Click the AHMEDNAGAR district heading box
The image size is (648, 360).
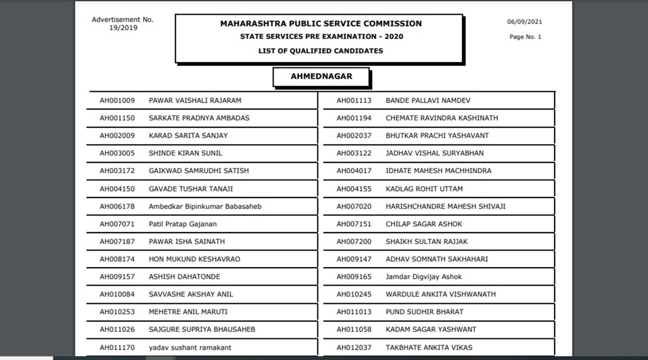321,77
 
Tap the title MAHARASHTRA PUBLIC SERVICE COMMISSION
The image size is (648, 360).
321,24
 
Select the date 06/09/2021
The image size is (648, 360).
524,22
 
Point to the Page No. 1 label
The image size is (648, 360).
525,37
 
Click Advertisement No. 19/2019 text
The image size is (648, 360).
123,24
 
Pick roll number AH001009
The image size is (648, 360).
117,100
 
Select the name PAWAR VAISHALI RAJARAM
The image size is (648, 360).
195,100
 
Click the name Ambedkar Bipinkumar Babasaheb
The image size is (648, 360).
205,206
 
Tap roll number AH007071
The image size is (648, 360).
117,224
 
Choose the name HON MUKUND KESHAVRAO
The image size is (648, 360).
194,259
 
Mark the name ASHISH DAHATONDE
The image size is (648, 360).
184,277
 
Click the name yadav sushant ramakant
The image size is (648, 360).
190,348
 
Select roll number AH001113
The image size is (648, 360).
354,100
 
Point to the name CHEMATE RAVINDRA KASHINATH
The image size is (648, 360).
442,118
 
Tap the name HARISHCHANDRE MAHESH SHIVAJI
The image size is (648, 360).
446,206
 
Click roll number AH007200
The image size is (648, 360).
354,241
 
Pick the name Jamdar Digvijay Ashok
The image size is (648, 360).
424,277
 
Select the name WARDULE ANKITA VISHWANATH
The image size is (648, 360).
441,294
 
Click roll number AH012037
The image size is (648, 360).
354,348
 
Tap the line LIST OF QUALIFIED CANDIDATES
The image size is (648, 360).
321,51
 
